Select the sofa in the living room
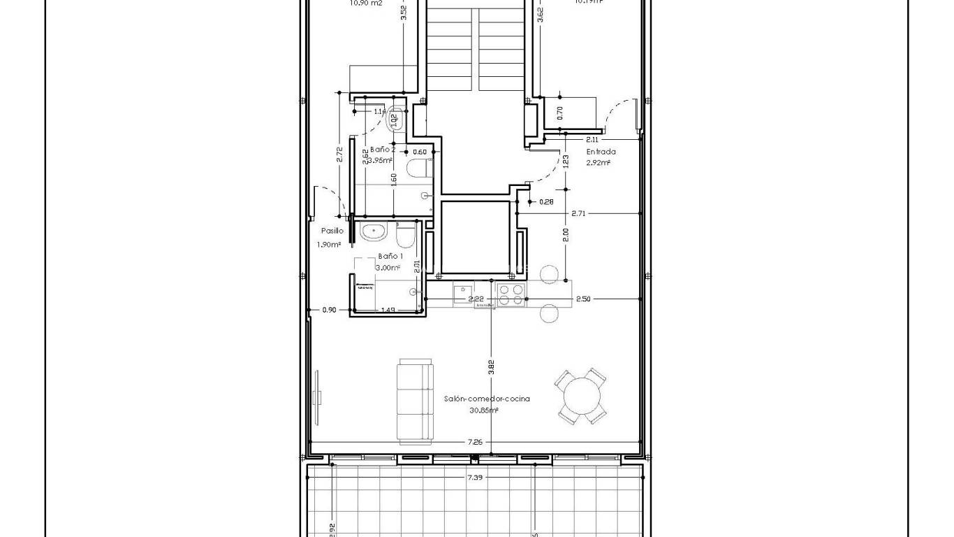click(x=414, y=401)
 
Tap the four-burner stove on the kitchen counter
click(x=511, y=294)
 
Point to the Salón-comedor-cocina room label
click(x=487, y=399)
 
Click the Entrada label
click(x=601, y=151)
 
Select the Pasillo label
click(x=332, y=230)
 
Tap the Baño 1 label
click(x=390, y=256)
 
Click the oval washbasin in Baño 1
click(x=373, y=231)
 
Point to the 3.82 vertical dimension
click(x=491, y=368)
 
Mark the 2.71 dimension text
click(x=578, y=213)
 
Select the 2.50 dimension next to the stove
click(x=583, y=299)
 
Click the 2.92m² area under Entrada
click(x=599, y=162)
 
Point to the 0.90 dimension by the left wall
click(x=329, y=310)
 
